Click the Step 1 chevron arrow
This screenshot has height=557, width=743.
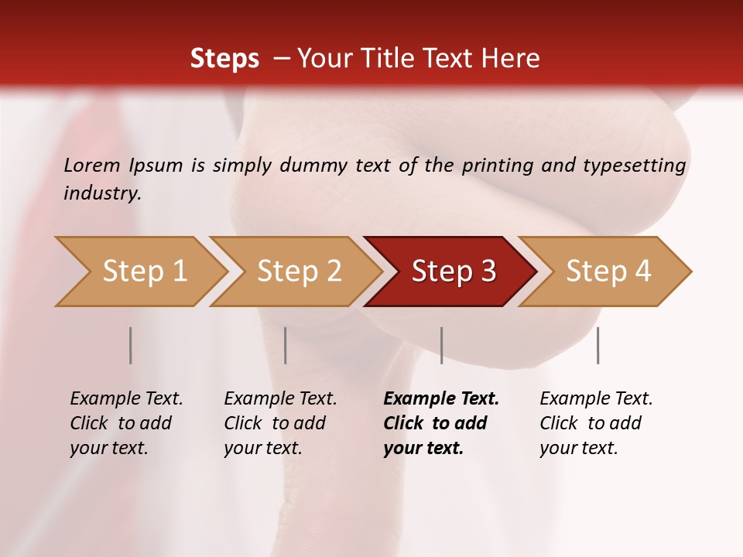[144, 272]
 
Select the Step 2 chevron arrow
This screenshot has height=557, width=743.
[299, 272]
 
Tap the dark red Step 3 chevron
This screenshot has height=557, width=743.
[454, 272]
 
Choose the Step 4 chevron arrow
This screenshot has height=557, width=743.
[608, 272]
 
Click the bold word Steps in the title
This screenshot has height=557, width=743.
[224, 59]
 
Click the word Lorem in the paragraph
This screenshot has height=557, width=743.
[91, 166]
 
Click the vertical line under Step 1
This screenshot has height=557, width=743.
[131, 345]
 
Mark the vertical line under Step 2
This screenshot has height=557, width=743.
[286, 345]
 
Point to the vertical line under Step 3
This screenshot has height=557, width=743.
[441, 345]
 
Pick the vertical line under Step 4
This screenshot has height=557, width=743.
[597, 345]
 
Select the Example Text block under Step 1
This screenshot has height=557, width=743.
[126, 423]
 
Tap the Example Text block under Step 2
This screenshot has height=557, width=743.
[280, 423]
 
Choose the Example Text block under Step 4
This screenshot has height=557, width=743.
[596, 423]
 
